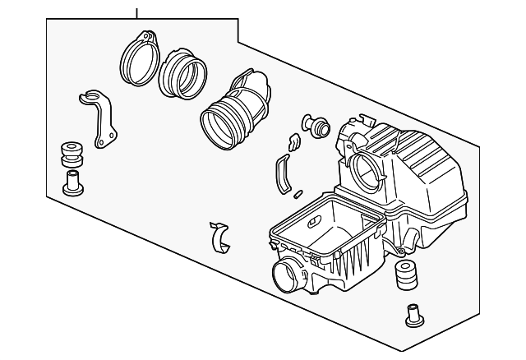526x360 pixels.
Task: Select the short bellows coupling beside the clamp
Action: [x=183, y=73]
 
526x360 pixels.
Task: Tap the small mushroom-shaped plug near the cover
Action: [x=315, y=125]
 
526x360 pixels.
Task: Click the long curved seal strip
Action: [x=281, y=174]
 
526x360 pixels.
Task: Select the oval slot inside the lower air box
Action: [x=315, y=223]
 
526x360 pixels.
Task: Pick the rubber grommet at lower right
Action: [x=405, y=276]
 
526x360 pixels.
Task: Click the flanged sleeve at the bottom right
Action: [x=414, y=315]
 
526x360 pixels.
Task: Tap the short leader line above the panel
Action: [x=137, y=10]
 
